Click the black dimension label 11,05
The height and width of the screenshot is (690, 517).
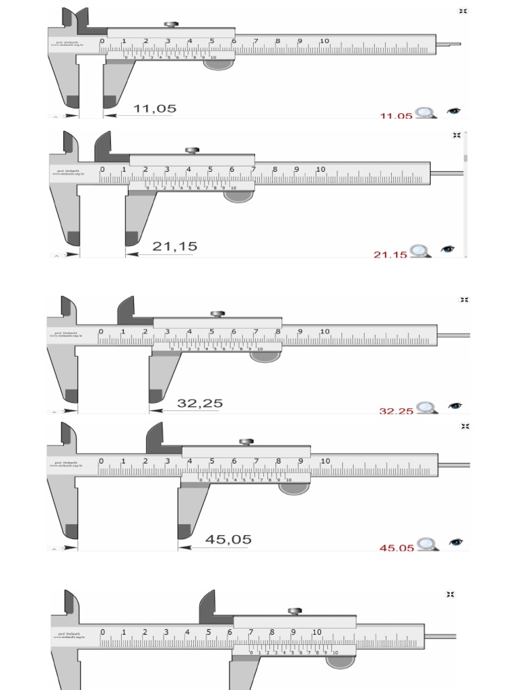click(155, 108)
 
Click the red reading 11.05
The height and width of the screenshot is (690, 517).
click(396, 116)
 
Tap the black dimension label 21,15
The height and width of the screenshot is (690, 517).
click(174, 247)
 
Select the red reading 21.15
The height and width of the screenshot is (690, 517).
click(390, 255)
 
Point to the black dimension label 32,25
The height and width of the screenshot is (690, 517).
click(200, 404)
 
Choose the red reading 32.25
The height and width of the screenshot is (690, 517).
click(396, 410)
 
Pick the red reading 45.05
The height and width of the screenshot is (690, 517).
click(397, 548)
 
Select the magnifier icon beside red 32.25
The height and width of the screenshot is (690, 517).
click(425, 408)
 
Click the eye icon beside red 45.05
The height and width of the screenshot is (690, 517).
click(456, 542)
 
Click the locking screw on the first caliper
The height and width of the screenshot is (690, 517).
click(172, 26)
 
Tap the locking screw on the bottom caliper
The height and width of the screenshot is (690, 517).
click(294, 611)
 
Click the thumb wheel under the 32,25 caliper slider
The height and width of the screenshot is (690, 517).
click(265, 356)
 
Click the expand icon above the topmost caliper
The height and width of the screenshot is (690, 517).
click(463, 11)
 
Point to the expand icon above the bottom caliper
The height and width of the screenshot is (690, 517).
click(450, 594)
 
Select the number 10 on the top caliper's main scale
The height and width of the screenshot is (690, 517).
click(324, 41)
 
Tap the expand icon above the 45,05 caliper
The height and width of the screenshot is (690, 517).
click(463, 427)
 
